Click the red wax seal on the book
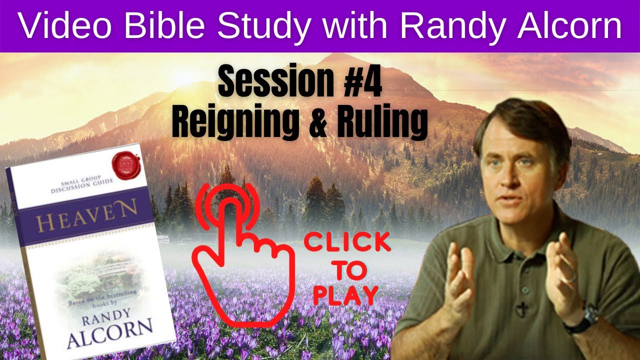[x=123, y=163]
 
